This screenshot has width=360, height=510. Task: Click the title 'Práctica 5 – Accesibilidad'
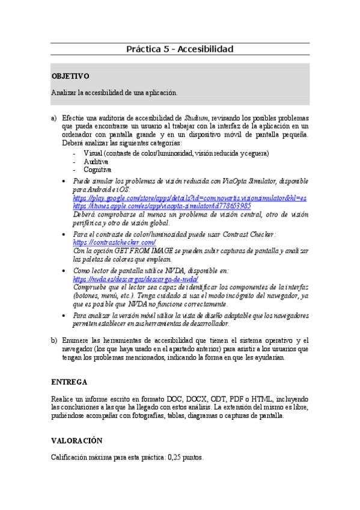180,49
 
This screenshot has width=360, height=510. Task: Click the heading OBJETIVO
70,76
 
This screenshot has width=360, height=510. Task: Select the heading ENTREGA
69,382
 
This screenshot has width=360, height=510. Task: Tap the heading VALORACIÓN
76,441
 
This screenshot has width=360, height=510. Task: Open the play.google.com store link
190,197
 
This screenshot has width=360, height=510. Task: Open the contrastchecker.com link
114,242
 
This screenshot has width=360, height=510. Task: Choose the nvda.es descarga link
135,280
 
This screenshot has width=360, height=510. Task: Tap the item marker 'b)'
54,340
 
